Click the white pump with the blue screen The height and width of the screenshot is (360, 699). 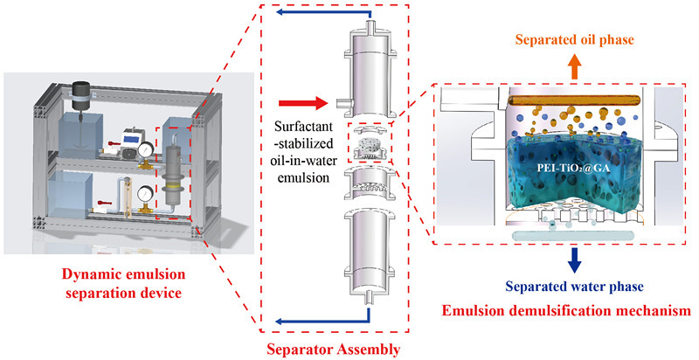point(134,137)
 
